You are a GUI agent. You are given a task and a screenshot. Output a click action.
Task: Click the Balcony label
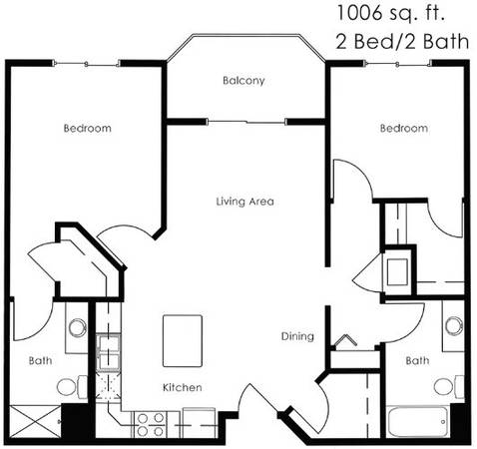click(243, 81)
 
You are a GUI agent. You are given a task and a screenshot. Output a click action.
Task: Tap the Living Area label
click(245, 202)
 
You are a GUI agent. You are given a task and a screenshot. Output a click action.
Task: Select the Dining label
click(297, 336)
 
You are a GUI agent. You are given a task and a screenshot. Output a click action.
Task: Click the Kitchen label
click(183, 387)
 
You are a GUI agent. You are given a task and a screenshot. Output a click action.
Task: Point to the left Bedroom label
click(88, 128)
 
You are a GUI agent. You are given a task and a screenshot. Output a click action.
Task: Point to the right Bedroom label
click(404, 128)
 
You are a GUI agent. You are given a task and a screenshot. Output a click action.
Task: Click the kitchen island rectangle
click(183, 341)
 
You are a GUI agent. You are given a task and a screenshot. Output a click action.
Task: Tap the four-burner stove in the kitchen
click(151, 424)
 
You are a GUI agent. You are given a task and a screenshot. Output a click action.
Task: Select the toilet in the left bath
click(72, 387)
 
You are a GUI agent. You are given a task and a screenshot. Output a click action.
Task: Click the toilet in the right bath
click(449, 386)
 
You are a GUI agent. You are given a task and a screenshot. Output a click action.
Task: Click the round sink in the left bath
click(78, 327)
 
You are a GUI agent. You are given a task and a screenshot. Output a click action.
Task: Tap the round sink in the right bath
click(454, 325)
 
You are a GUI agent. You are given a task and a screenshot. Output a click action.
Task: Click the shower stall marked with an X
click(35, 422)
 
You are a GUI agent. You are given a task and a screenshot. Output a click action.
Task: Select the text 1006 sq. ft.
click(391, 14)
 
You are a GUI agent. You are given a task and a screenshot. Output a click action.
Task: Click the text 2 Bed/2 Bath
click(402, 42)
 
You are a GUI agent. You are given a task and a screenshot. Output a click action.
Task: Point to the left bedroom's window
click(86, 64)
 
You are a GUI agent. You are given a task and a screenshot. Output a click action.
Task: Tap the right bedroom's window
click(397, 63)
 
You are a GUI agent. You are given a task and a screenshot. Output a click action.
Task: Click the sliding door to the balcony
click(246, 122)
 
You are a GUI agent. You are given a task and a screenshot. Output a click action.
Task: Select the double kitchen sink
click(108, 352)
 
